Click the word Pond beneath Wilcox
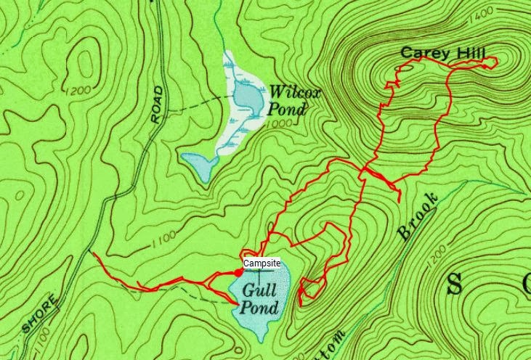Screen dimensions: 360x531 pyautogui.click(x=288, y=110)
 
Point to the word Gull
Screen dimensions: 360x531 pyautogui.click(x=259, y=290)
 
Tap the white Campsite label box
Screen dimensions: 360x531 pyautogui.click(x=262, y=263)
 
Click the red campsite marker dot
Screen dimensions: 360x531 pyautogui.click(x=239, y=272)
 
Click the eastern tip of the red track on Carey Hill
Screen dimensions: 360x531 pyautogui.click(x=497, y=62)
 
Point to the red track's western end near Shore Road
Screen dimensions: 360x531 pyautogui.click(x=92, y=253)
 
